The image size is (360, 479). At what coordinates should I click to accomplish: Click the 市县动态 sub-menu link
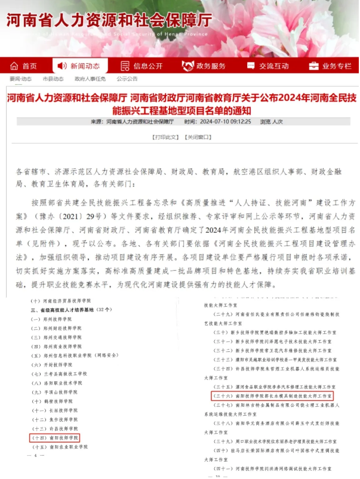(53, 79)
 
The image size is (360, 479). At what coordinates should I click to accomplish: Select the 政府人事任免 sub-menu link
(90, 79)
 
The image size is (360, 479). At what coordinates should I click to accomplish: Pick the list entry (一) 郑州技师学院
(54, 319)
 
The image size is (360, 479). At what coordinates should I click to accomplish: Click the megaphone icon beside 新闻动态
(61, 66)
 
